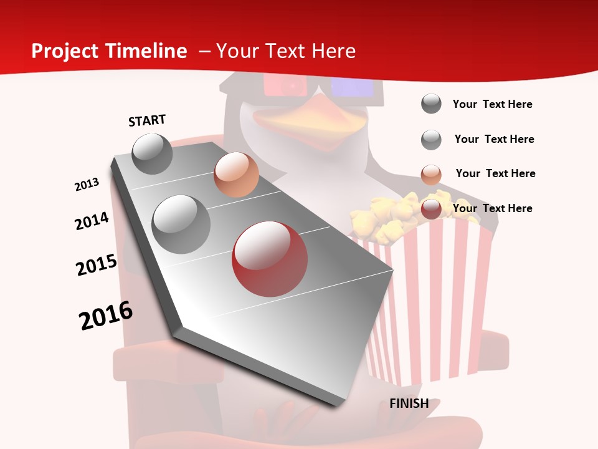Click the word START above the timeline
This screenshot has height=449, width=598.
147,120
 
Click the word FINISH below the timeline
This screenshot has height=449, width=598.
409,403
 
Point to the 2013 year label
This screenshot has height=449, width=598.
87,185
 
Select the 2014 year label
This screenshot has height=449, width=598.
92,221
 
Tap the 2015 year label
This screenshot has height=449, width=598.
97,265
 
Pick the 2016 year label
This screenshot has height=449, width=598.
106,316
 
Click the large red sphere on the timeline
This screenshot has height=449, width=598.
270,259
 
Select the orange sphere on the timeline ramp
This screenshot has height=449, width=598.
236,175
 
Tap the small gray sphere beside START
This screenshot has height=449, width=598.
153,154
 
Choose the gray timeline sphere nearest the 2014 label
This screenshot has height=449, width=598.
181,224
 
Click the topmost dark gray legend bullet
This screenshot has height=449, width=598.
431,104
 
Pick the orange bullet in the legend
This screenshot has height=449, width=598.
431,174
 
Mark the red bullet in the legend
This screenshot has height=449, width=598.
431,209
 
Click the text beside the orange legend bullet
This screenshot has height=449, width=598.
496,173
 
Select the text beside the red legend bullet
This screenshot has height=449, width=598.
493,208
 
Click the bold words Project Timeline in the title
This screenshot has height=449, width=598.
109,51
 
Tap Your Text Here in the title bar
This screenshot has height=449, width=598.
286,51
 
